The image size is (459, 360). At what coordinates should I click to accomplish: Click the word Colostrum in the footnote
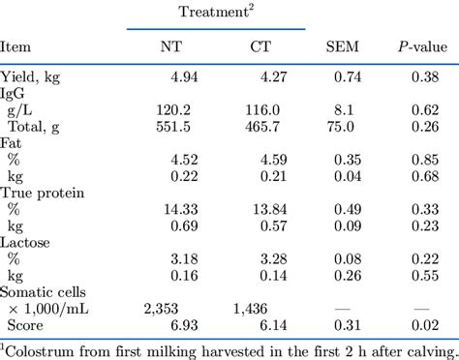pos(40,347)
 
